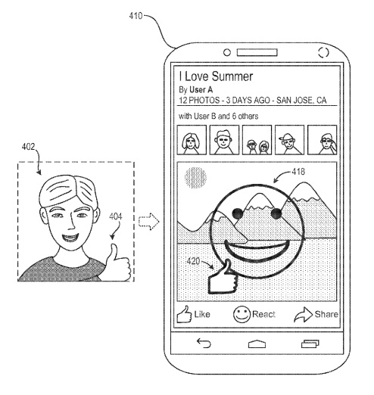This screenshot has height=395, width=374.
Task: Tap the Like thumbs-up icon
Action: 184,314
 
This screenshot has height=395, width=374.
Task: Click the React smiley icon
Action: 242,314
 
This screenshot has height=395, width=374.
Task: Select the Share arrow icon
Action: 304,315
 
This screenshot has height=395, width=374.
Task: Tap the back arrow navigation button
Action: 204,343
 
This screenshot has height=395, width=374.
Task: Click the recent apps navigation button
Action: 310,344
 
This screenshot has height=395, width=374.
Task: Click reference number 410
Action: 136,16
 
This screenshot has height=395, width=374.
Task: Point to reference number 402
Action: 28,147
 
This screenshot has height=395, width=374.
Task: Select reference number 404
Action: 116,216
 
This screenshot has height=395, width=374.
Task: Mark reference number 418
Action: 298,172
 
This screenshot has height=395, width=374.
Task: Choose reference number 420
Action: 193,261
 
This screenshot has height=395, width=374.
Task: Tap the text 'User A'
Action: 201,90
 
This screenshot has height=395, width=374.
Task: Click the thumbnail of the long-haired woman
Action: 192,140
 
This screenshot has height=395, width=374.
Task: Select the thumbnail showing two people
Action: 257,140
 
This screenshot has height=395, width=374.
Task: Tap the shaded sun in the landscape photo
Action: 195,178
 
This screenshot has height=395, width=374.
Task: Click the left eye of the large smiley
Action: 238,214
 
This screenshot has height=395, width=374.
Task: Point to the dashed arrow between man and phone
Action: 149,222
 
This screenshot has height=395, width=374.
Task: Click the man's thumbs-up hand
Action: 118,263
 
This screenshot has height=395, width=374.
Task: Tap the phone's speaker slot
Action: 257,53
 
